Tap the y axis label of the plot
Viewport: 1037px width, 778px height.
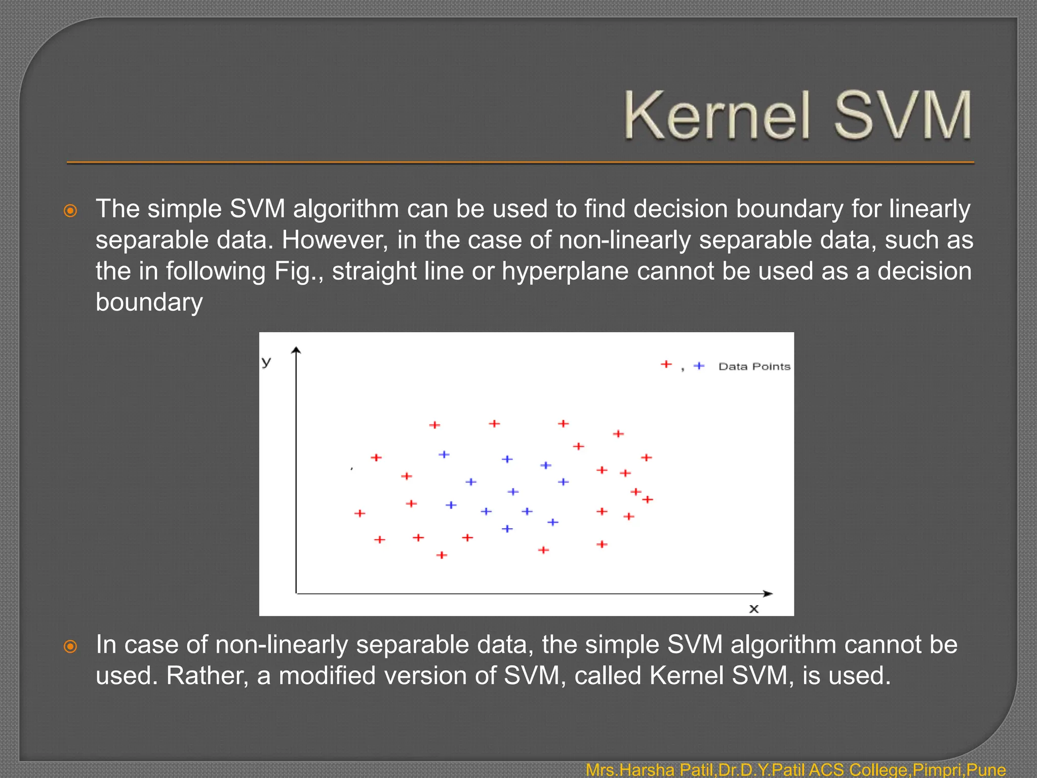pyautogui.click(x=266, y=362)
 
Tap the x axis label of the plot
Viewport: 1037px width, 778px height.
pyautogui.click(x=754, y=609)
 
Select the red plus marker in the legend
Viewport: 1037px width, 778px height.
pyautogui.click(x=666, y=364)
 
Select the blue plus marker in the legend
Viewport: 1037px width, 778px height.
pyautogui.click(x=699, y=366)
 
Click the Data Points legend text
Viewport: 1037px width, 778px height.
pyautogui.click(x=754, y=366)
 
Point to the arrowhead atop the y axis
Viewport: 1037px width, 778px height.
pyautogui.click(x=296, y=349)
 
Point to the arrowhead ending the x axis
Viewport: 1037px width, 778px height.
pyautogui.click(x=769, y=593)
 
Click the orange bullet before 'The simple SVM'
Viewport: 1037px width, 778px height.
pyautogui.click(x=71, y=211)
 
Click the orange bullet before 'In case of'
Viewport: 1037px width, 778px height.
pyautogui.click(x=71, y=646)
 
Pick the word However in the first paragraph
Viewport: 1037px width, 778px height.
pyautogui.click(x=335, y=240)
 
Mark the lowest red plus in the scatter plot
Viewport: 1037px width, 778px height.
pyautogui.click(x=442, y=555)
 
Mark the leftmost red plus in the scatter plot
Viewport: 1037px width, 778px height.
pyautogui.click(x=360, y=513)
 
